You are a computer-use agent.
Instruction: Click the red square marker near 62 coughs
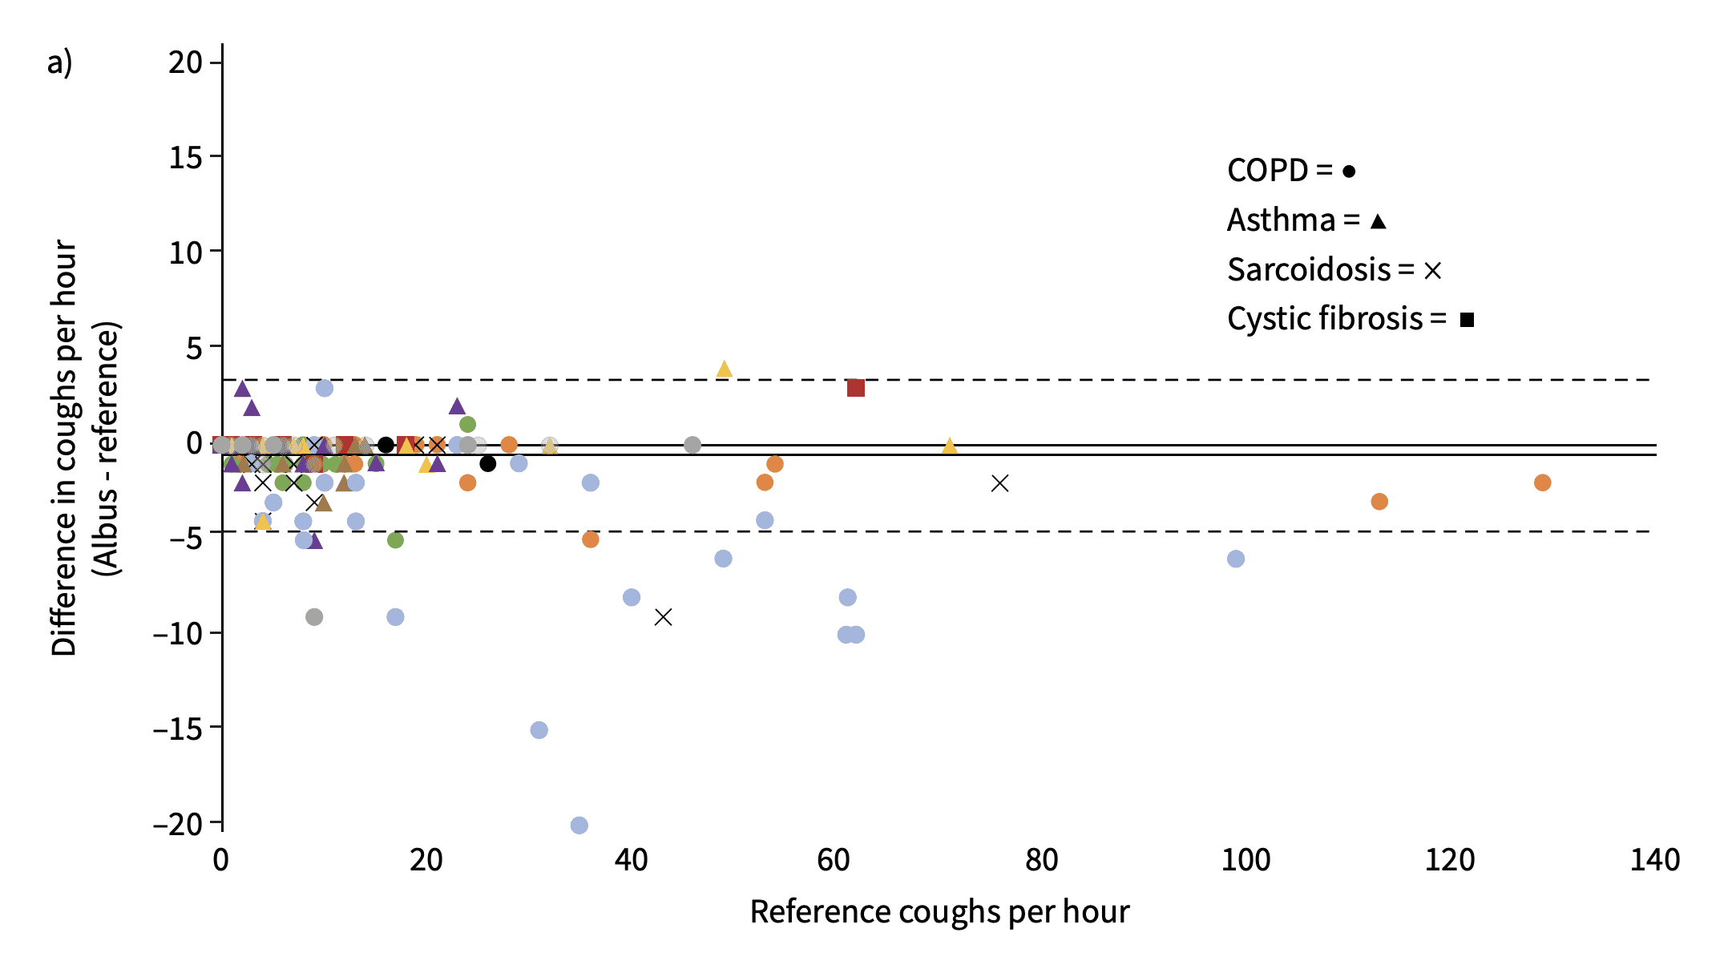tap(855, 388)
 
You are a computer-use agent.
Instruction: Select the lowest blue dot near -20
tap(579, 825)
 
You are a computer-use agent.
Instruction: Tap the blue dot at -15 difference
tap(539, 729)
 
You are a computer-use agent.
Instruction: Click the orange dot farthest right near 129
tap(1542, 482)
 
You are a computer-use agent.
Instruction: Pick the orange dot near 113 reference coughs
tap(1379, 502)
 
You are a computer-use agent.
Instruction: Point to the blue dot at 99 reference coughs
tap(1235, 559)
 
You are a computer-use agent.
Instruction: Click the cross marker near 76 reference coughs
tap(999, 483)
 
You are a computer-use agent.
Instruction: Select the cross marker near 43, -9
tap(663, 617)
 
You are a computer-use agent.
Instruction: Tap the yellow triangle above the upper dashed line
tap(724, 369)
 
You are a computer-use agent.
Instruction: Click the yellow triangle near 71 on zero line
tap(949, 446)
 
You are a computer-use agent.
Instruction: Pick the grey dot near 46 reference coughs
tap(692, 445)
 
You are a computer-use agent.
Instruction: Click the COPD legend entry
tap(1290, 171)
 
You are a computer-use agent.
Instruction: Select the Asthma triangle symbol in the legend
tap(1378, 221)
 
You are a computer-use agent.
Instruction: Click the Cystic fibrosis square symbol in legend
tap(1467, 320)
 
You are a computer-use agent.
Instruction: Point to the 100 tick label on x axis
tap(1245, 860)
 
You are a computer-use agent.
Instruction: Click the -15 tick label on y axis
tap(177, 728)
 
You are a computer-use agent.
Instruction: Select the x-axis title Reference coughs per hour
tap(939, 912)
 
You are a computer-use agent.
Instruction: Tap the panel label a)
tap(59, 63)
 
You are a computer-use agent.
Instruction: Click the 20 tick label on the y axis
tap(185, 63)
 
